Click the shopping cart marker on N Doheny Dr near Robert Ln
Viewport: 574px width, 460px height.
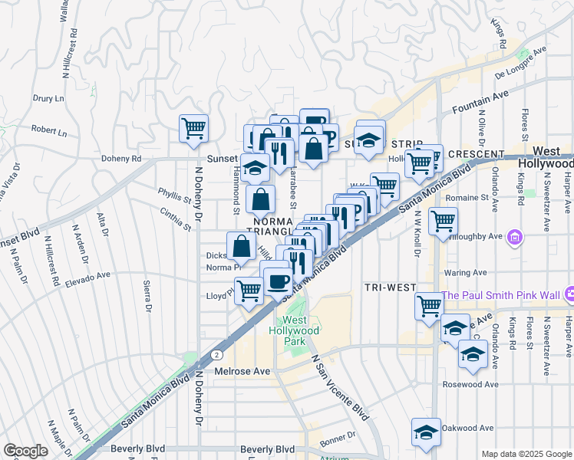[x=193, y=128]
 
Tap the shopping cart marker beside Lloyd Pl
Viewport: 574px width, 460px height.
[x=249, y=291]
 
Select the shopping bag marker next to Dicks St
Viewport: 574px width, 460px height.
[x=241, y=246]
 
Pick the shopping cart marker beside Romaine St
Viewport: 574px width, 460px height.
[x=443, y=221]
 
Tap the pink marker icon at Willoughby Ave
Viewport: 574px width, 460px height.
[x=516, y=237]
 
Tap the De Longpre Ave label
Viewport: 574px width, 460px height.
[x=520, y=63]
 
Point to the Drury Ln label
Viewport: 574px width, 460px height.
[x=48, y=99]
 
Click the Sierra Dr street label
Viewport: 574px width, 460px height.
[x=147, y=297]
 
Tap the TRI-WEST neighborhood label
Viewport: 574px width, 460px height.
[x=391, y=287]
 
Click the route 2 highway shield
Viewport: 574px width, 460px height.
[x=218, y=355]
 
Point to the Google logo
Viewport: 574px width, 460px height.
[x=25, y=451]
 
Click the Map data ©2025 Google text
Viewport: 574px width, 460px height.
[x=526, y=453]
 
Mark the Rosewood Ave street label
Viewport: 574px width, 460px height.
[x=470, y=384]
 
